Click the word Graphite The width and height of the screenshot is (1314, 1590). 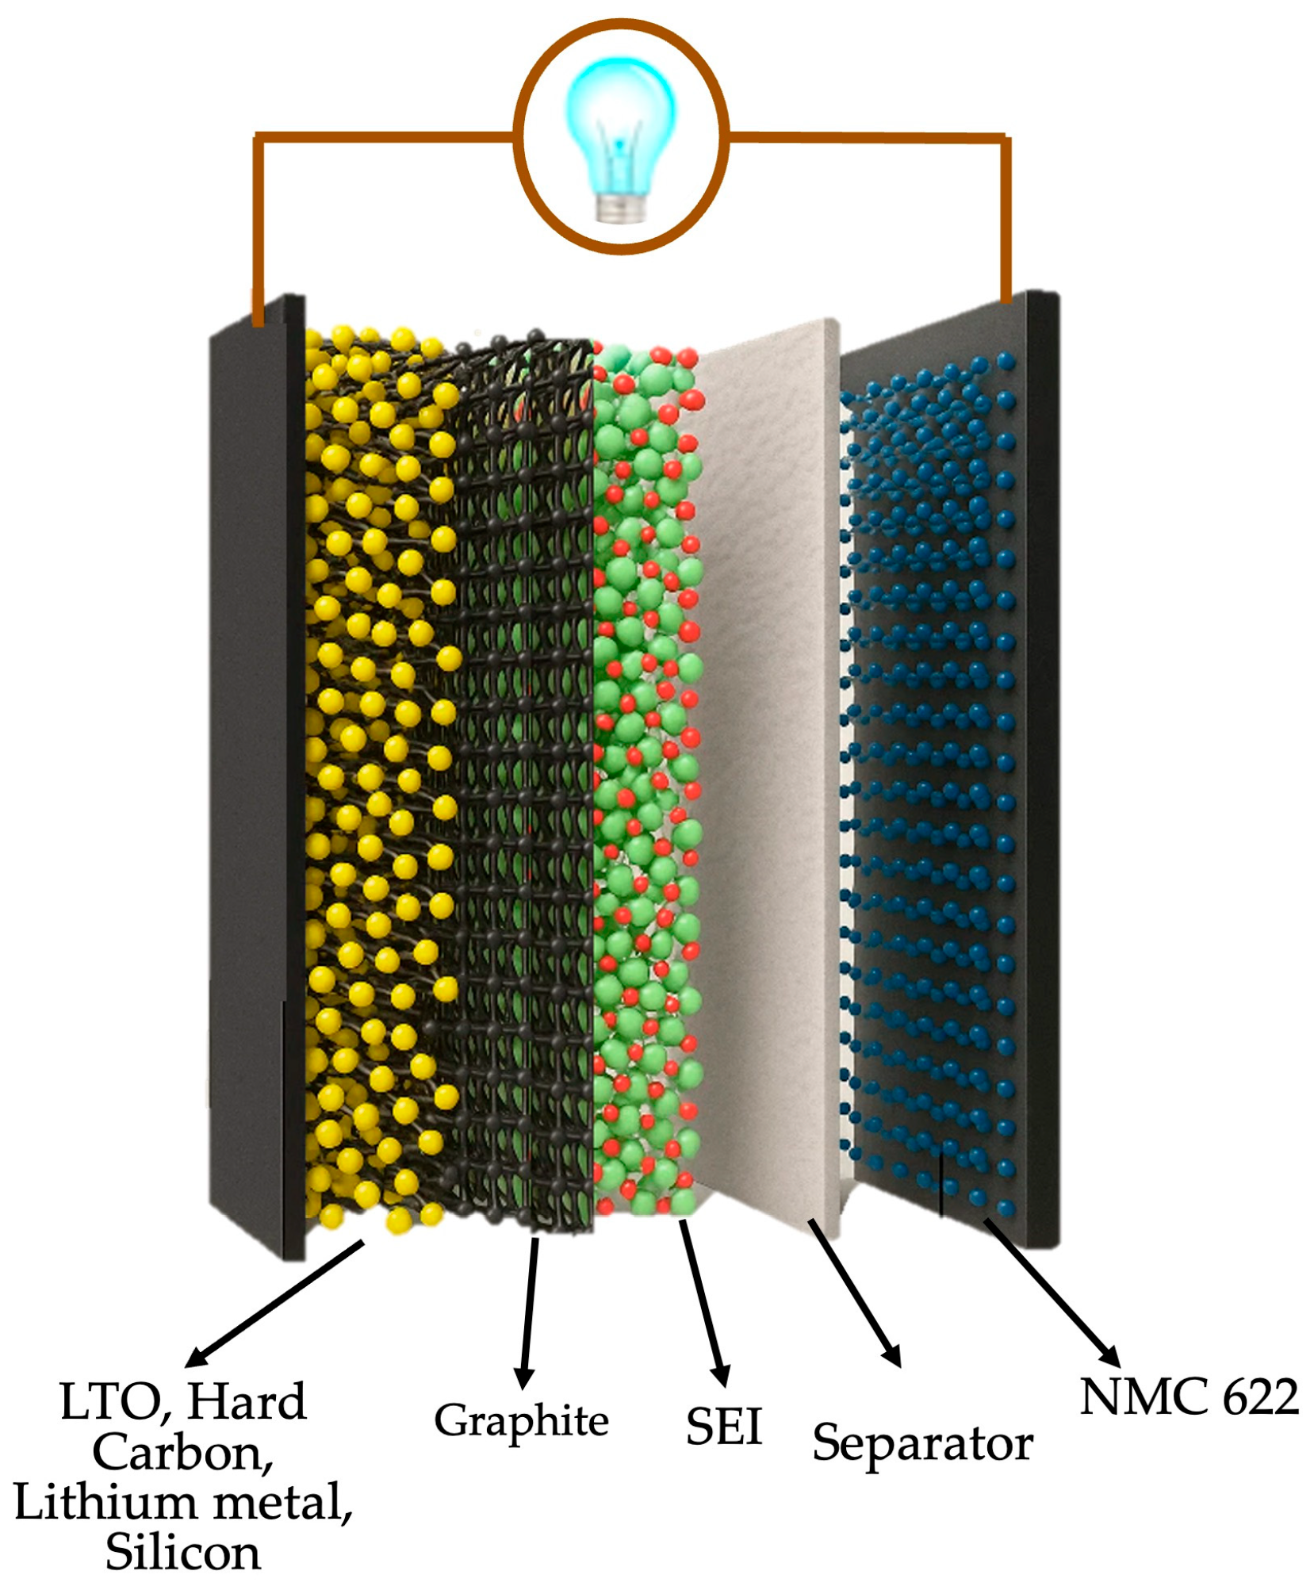pyautogui.click(x=521, y=1421)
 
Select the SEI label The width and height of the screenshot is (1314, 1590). pyautogui.click(x=723, y=1427)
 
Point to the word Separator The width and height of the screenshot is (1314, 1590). pyautogui.click(x=922, y=1443)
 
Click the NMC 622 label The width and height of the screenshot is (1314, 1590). pyautogui.click(x=1188, y=1398)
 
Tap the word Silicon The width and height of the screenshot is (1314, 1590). pyautogui.click(x=183, y=1553)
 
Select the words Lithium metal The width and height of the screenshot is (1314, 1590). pyautogui.click(x=183, y=1503)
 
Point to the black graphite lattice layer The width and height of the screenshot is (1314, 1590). pyautogui.click(x=523, y=753)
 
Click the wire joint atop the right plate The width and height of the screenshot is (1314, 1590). pyautogui.click(x=1006, y=297)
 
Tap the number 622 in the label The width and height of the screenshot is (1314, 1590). pyautogui.click(x=1260, y=1398)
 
